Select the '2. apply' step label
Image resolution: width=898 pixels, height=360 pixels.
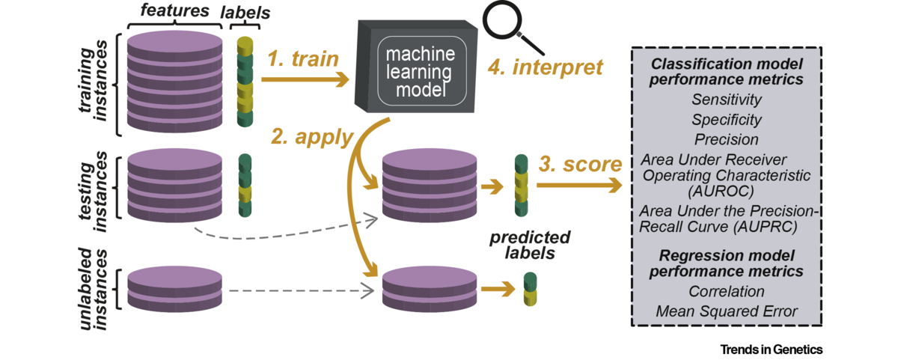click(x=311, y=137)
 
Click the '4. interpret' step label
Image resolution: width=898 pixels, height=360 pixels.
click(x=546, y=67)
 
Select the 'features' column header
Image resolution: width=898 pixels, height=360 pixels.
click(x=175, y=11)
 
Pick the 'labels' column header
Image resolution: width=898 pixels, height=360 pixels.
click(x=244, y=13)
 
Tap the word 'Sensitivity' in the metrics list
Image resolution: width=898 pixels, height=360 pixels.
click(x=727, y=100)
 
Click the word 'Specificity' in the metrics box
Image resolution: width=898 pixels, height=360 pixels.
click(x=727, y=120)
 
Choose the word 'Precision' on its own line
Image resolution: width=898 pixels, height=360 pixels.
click(x=727, y=140)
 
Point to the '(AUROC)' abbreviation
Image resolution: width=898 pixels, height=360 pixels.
click(x=727, y=192)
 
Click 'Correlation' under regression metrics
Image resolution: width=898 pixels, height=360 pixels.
click(x=727, y=291)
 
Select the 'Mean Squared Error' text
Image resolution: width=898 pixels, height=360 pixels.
click(x=727, y=311)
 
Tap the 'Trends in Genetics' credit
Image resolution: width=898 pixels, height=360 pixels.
click(x=771, y=350)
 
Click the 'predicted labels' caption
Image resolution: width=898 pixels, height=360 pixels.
click(x=530, y=245)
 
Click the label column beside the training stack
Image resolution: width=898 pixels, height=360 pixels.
click(x=245, y=82)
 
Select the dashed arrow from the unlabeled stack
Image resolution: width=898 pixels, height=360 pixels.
click(x=299, y=290)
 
